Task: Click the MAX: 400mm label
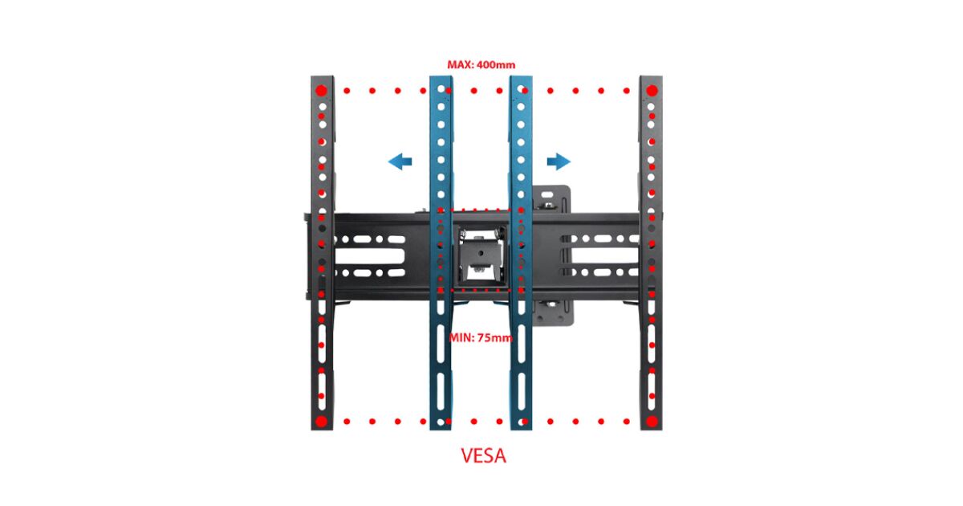pyautogui.click(x=481, y=64)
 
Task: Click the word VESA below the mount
pyautogui.click(x=484, y=456)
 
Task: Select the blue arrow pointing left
pyautogui.click(x=400, y=162)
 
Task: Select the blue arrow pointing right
pyautogui.click(x=559, y=162)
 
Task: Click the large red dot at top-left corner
pyautogui.click(x=322, y=90)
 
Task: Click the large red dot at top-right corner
pyautogui.click(x=652, y=90)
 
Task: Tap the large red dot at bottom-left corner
pyautogui.click(x=322, y=421)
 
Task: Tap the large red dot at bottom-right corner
pyautogui.click(x=652, y=421)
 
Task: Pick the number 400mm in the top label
pyautogui.click(x=494, y=64)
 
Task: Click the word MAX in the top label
pyautogui.click(x=461, y=64)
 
